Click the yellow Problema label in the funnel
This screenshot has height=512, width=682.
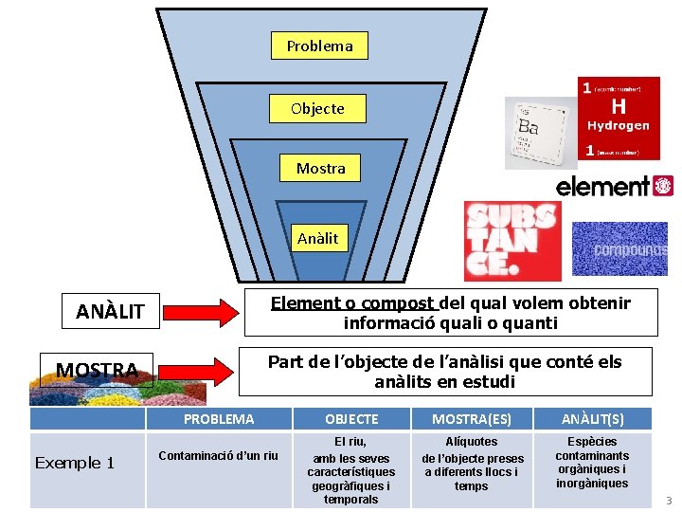click(319, 46)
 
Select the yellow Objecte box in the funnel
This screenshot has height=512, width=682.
click(317, 108)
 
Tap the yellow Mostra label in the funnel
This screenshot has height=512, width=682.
click(320, 169)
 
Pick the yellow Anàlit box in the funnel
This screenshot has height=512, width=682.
click(317, 238)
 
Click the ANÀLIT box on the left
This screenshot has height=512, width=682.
click(110, 311)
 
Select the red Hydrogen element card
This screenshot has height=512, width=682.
click(619, 118)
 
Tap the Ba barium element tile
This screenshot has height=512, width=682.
click(540, 133)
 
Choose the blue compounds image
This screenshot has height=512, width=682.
click(619, 248)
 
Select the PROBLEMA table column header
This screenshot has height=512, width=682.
click(219, 419)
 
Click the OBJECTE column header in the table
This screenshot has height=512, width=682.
click(351, 419)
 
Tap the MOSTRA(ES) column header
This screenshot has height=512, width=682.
click(471, 419)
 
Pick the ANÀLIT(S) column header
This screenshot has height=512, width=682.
click(592, 419)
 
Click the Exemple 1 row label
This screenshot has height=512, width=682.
click(74, 463)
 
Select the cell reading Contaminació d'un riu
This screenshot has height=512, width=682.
click(219, 456)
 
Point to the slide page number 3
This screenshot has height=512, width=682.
click(667, 501)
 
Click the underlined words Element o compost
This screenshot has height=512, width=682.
click(352, 303)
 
